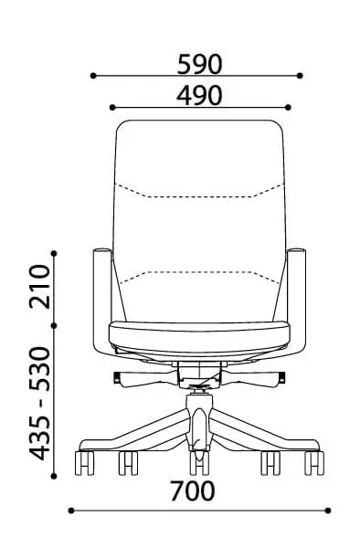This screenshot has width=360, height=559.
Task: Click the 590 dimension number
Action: (199, 65)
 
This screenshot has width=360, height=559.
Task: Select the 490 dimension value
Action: (199, 96)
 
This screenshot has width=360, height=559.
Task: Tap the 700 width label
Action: (192, 490)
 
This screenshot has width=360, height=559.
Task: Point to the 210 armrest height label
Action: (40, 286)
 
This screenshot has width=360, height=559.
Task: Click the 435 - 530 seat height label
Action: (40, 403)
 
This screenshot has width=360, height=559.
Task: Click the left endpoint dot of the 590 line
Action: (93, 76)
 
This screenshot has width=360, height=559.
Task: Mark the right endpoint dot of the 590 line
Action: (300, 76)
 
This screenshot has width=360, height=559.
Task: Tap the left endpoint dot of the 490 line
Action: (112, 107)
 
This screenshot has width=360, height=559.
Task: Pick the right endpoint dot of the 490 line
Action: (289, 107)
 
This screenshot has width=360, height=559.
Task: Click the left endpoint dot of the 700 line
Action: (71, 511)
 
